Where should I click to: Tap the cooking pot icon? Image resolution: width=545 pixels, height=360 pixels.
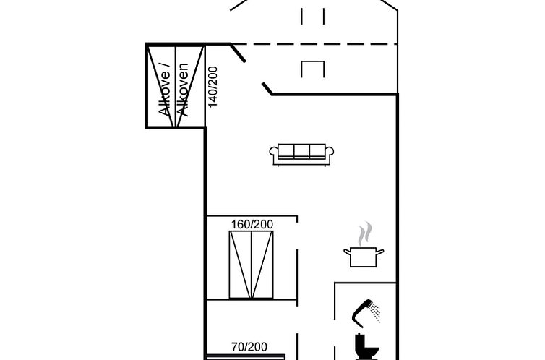click(x=364, y=256)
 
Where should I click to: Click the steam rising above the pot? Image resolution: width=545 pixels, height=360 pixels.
click(x=365, y=233)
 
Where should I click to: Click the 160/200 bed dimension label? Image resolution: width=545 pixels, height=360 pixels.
click(x=252, y=224)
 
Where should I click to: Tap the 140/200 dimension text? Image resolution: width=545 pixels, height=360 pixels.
click(x=213, y=87)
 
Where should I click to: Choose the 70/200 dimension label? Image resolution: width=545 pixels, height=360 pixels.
click(x=248, y=347)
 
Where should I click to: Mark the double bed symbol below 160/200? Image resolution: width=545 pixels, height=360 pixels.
click(x=252, y=265)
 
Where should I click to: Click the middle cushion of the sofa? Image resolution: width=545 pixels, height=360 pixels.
click(x=302, y=150)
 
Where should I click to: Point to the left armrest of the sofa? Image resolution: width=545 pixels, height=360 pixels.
click(x=275, y=153)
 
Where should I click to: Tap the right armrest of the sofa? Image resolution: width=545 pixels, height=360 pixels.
click(x=330, y=153)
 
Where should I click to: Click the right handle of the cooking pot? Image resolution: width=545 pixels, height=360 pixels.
click(x=380, y=252)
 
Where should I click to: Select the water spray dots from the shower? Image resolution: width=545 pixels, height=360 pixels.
click(x=375, y=312)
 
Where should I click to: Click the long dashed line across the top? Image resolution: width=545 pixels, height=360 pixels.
click(x=318, y=44)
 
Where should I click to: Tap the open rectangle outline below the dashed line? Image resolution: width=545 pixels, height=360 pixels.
click(x=314, y=68)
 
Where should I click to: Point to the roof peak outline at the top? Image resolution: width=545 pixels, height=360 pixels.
click(x=314, y=4)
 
